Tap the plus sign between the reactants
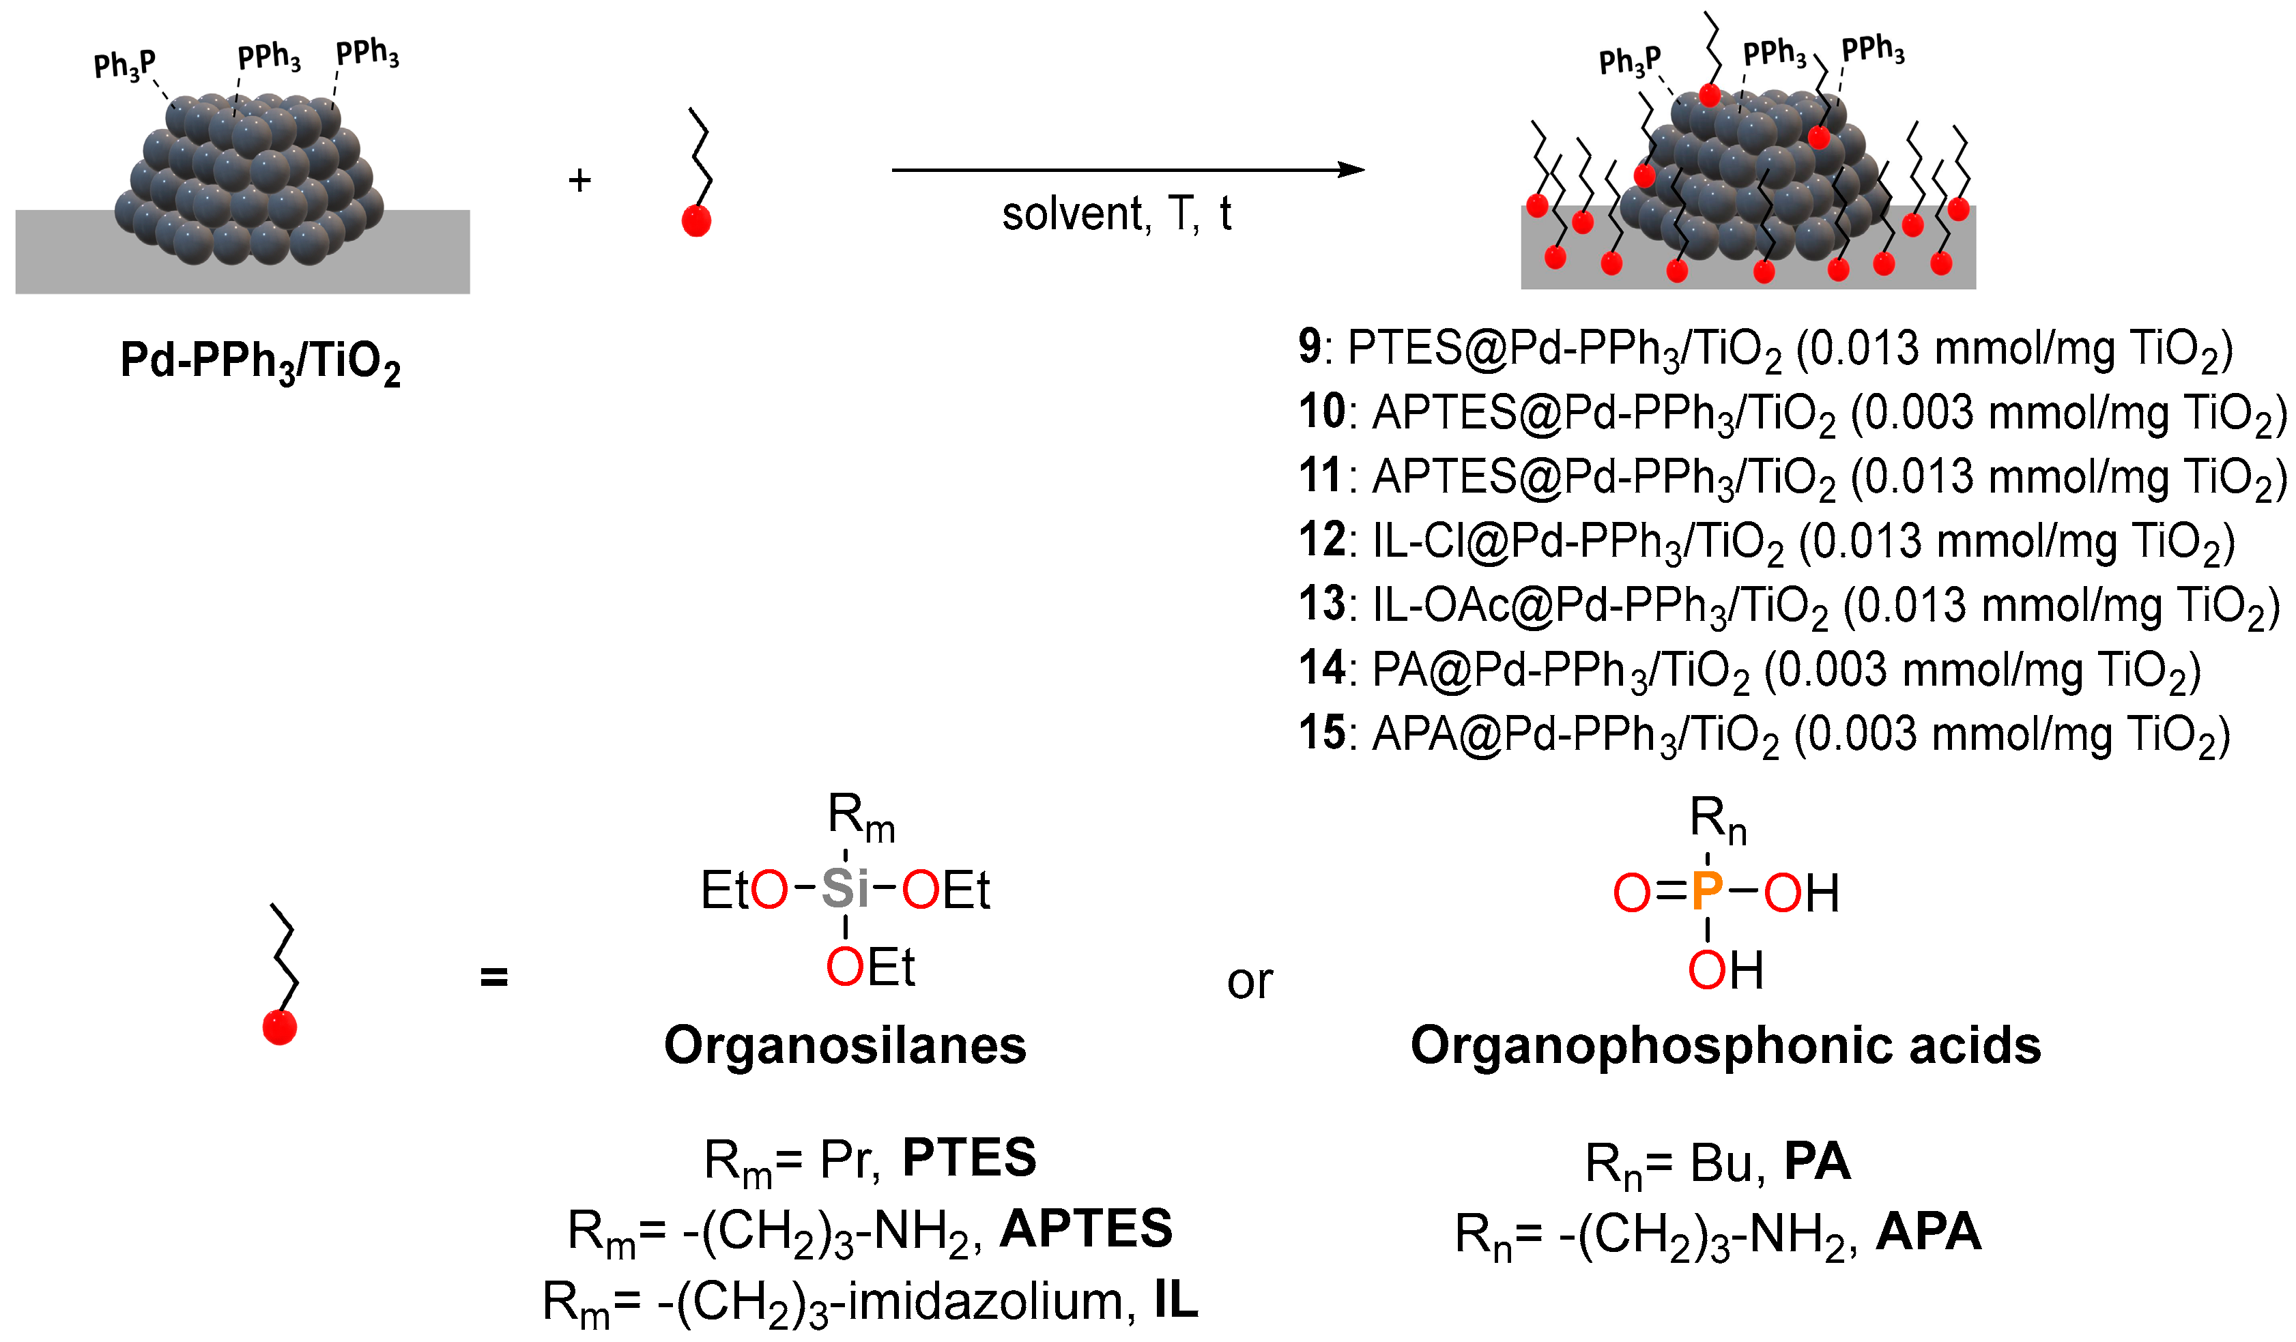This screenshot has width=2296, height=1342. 579,179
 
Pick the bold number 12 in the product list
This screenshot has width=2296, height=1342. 1322,540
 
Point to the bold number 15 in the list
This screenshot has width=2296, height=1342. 1322,733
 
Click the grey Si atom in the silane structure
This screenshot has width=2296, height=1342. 844,888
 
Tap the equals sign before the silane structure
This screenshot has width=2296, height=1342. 494,977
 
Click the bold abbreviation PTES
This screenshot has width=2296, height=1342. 968,1158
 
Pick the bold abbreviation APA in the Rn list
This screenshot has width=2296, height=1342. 1928,1231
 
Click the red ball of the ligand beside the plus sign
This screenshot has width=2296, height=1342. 696,220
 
